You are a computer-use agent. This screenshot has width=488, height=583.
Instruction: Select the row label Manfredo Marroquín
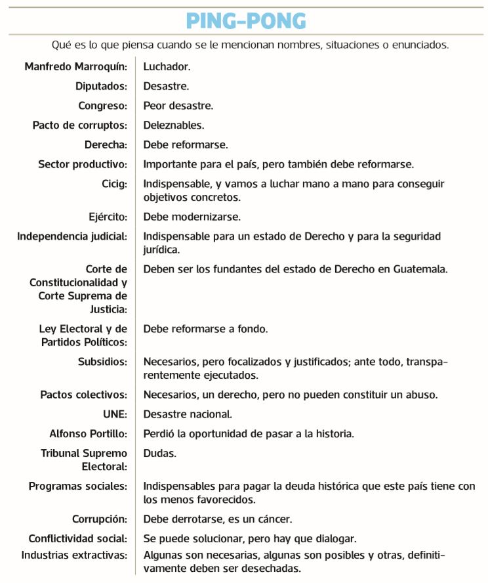[x=75, y=67]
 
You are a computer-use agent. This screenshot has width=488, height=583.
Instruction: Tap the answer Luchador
[x=167, y=67]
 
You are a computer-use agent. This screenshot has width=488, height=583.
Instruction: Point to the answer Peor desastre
[x=178, y=106]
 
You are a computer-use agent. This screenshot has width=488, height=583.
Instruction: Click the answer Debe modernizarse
[x=192, y=216]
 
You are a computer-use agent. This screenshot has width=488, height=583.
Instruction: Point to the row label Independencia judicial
[x=72, y=236]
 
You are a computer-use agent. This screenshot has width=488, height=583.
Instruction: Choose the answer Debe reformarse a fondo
[x=205, y=328]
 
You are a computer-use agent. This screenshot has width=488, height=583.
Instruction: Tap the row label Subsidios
[x=102, y=361]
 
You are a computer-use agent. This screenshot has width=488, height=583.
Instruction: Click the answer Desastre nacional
[x=188, y=414]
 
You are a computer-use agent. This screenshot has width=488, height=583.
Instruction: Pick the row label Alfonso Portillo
[x=88, y=434]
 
